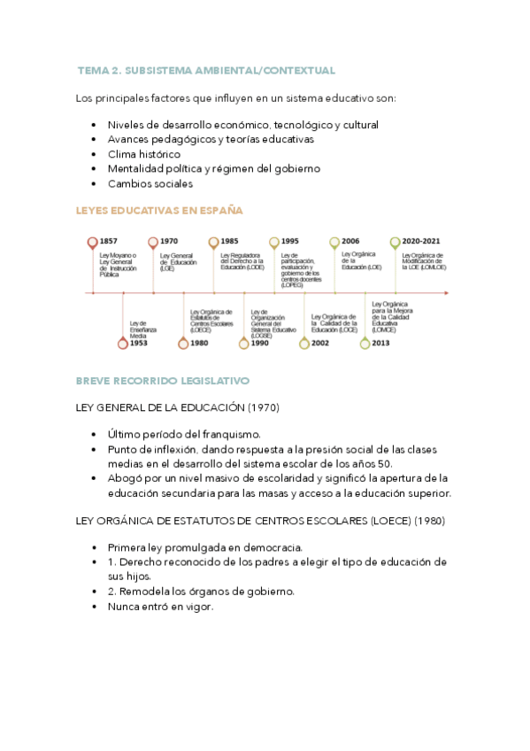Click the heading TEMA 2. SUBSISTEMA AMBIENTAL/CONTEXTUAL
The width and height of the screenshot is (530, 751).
click(x=206, y=70)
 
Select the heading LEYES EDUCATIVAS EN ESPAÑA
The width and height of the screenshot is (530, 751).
click(x=160, y=210)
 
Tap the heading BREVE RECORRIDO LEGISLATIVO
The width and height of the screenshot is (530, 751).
click(x=163, y=380)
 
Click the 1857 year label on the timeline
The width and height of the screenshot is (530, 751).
click(x=109, y=241)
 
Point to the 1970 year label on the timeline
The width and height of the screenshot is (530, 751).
click(x=169, y=241)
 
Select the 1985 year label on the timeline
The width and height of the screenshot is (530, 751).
click(x=229, y=241)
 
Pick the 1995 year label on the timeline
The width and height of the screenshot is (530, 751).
click(x=289, y=241)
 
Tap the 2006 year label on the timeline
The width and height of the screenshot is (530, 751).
click(x=349, y=241)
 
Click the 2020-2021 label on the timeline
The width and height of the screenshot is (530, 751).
click(x=422, y=241)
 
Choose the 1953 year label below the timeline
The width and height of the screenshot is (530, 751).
click(x=139, y=343)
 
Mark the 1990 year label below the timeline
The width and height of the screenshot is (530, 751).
click(x=259, y=343)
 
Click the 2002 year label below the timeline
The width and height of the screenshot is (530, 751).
click(x=319, y=343)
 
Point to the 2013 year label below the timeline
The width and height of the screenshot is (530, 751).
click(x=380, y=343)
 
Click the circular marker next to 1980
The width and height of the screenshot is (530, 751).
click(x=183, y=343)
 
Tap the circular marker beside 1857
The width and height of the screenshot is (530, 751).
click(x=92, y=242)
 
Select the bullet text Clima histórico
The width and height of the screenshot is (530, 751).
click(x=143, y=154)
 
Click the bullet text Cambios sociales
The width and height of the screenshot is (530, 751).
click(x=150, y=183)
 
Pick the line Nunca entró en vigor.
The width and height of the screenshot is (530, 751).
click(x=160, y=607)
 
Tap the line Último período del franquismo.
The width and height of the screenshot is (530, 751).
click(x=184, y=434)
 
